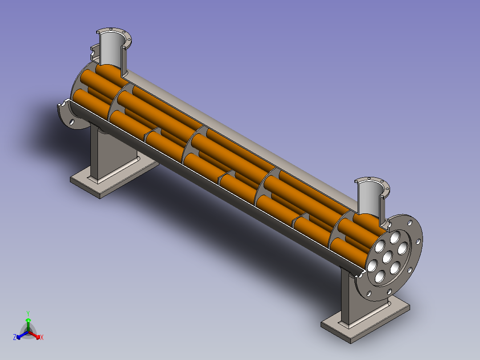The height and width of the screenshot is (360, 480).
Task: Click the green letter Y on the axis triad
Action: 28,313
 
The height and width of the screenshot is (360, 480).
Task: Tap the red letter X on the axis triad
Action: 42,337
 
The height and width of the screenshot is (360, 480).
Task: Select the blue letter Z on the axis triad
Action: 15,337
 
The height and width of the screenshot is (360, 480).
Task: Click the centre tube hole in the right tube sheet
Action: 387,256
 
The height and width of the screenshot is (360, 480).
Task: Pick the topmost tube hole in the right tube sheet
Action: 395,237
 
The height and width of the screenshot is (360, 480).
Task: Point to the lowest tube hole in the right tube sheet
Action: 379,276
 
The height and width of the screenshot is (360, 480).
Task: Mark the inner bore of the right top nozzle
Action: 369,198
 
